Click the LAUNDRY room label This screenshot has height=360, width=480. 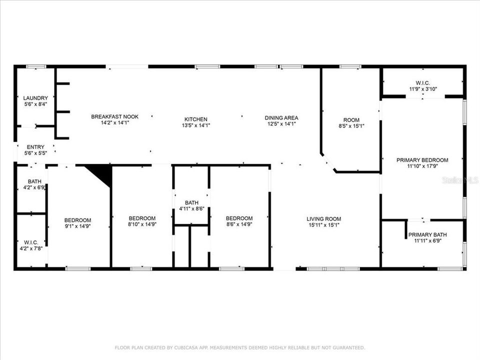click(35, 98)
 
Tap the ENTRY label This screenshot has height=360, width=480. click(35, 147)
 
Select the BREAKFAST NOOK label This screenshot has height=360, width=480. click(114, 116)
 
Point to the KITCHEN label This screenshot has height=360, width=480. click(196, 119)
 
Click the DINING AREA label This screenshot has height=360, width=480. click(281, 118)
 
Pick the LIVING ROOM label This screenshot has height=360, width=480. click(324, 218)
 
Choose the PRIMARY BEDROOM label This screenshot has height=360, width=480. click(422, 160)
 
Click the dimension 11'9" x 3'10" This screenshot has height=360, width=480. click(422, 89)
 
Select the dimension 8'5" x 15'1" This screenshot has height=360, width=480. click(351, 126)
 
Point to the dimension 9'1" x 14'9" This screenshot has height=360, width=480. click(77, 226)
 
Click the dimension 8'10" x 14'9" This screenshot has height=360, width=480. click(142, 224)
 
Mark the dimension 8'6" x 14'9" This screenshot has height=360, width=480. click(239, 224)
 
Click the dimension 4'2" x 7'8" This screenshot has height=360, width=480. click(31, 247)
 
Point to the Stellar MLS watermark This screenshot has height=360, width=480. click(460, 179)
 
